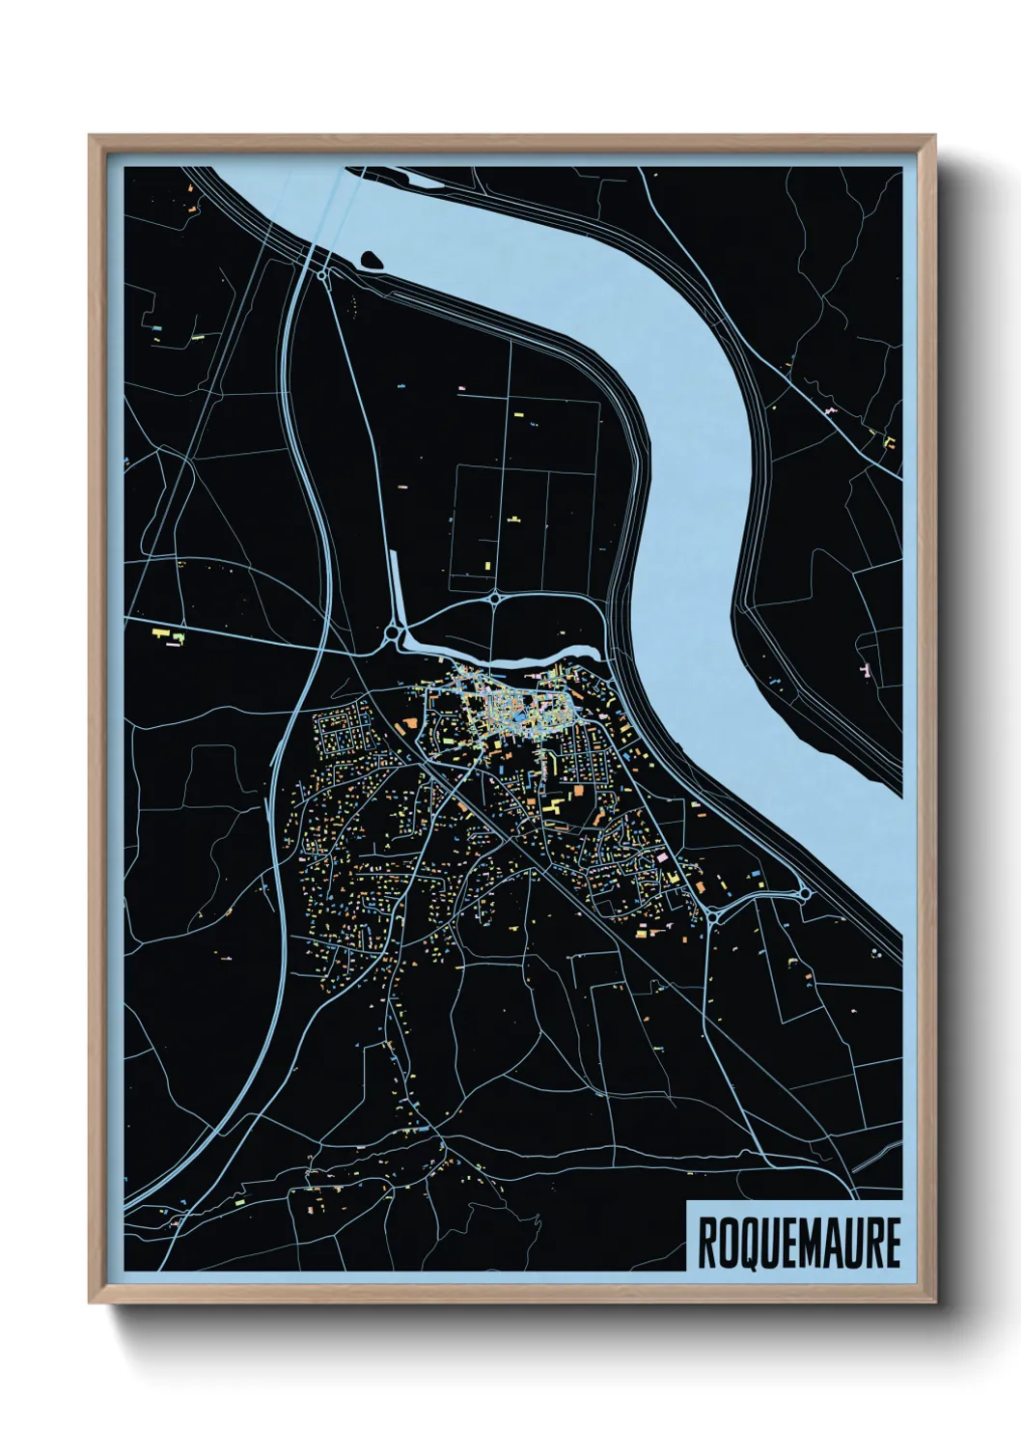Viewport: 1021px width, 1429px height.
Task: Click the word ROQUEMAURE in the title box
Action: (x=797, y=1243)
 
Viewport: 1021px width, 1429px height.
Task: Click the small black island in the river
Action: (x=370, y=259)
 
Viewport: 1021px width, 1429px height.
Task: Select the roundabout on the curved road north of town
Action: (x=495, y=599)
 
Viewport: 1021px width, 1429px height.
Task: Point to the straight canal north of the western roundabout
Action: (x=396, y=589)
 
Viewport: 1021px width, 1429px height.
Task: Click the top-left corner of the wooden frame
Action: (x=92, y=138)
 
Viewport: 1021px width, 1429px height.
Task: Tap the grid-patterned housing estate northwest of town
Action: (x=343, y=739)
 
